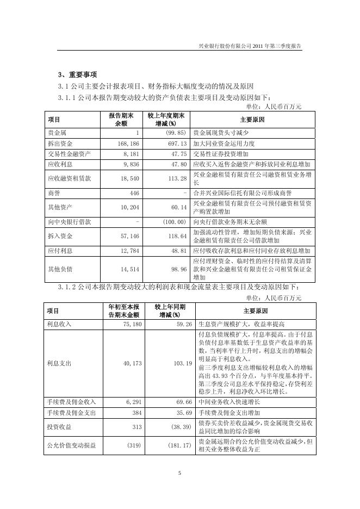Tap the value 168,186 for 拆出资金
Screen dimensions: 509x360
point(128,144)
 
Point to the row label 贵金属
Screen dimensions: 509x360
point(57,133)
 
